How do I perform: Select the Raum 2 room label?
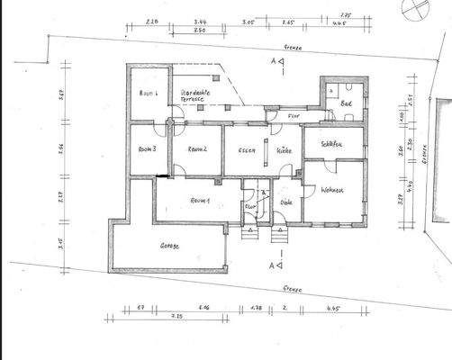point(199,149)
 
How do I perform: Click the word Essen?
point(247,149)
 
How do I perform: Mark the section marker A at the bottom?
point(273,265)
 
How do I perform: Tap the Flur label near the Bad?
point(293,115)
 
